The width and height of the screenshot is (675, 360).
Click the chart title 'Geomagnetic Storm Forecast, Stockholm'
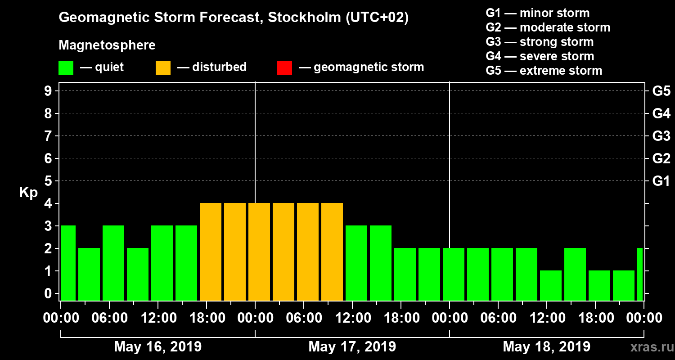[x=234, y=18]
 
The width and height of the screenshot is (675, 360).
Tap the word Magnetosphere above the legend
[x=107, y=45]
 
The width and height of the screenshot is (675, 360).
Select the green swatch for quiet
[x=66, y=68]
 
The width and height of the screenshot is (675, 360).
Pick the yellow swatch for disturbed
[x=163, y=68]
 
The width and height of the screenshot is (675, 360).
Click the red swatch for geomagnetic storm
[x=284, y=68]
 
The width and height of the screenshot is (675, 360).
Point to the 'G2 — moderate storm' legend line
[x=548, y=27]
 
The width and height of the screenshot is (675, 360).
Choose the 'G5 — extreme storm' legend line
[x=544, y=71]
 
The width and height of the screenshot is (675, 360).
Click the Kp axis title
[x=28, y=193]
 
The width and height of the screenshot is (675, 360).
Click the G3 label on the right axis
[x=661, y=136]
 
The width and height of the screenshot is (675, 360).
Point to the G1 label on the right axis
[x=661, y=181]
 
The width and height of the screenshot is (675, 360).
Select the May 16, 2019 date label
[x=158, y=346]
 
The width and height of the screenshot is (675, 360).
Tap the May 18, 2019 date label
[x=546, y=346]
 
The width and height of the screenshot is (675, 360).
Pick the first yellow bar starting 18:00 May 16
[x=211, y=252]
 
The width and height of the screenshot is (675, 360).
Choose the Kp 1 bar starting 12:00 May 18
[x=551, y=285]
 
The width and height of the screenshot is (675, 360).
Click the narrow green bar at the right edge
[x=640, y=274]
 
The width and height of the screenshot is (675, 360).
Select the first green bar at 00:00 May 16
[x=68, y=263]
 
